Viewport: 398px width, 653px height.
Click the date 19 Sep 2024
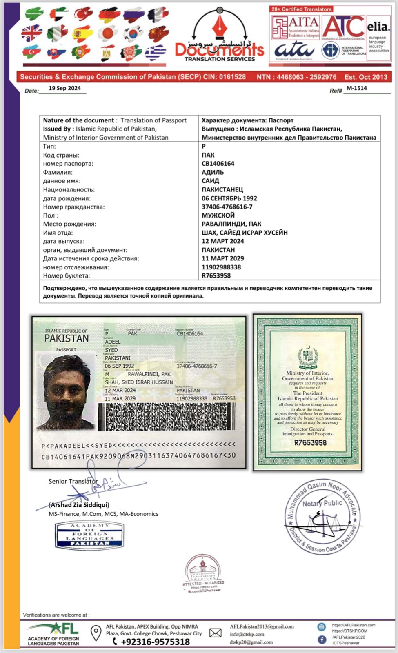[x=64, y=88]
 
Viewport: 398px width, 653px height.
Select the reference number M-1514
[x=356, y=88]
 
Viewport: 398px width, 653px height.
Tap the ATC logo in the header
[x=343, y=27]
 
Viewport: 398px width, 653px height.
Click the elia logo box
[x=378, y=38]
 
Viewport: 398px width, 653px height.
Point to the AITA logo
[x=296, y=27]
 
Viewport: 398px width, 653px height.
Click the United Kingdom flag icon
[x=32, y=33]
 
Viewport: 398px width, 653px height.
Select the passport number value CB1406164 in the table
[x=218, y=164]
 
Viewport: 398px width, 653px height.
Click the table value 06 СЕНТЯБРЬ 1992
[x=229, y=198]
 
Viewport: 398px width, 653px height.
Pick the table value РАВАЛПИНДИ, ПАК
[x=231, y=224]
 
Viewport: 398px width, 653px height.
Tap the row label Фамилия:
[x=58, y=172]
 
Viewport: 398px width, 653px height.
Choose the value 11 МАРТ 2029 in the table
[x=222, y=258]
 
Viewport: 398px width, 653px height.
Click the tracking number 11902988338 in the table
[x=221, y=267]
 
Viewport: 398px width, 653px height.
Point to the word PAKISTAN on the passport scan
[x=67, y=338]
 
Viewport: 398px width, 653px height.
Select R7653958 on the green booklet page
[x=310, y=443]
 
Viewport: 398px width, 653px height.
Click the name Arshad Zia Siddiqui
[x=79, y=505]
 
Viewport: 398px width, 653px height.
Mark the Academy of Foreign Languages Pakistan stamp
[x=89, y=535]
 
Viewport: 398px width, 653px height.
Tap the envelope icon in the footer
[x=215, y=633]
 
